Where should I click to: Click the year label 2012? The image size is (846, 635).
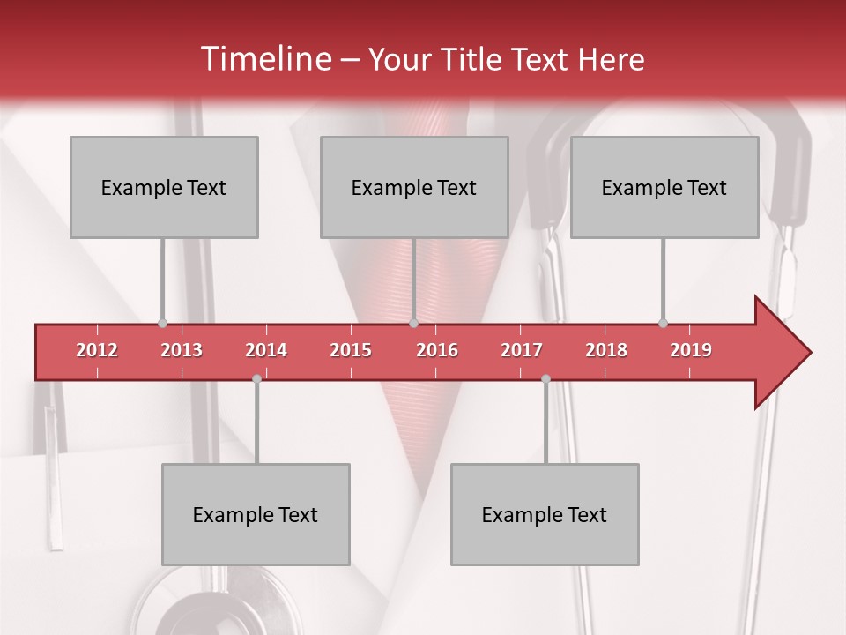pos(97,350)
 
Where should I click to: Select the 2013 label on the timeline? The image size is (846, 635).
pos(182,350)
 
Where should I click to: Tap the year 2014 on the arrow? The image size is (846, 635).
pos(266,350)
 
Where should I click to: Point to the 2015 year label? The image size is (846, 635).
pos(351,350)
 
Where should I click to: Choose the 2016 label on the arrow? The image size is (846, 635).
pos(437,350)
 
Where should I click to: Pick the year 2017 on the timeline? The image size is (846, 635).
pos(522,350)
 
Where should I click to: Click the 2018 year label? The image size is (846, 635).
pos(606,350)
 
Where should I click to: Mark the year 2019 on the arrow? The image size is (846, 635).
pos(691,350)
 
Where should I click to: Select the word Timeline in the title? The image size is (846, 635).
pos(264,59)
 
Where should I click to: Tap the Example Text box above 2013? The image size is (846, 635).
pos(164,188)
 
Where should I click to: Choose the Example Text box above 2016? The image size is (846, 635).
pos(414,188)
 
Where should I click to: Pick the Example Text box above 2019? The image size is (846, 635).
pos(664,188)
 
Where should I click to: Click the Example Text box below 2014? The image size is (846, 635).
pos(256,514)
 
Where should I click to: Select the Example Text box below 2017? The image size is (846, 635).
pos(545,514)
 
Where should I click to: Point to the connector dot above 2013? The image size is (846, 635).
pos(162,324)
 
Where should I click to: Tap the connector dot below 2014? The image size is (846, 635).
pos(256,378)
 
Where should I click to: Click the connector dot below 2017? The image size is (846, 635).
pos(545,378)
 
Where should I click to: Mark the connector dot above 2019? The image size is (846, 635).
pos(663,324)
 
